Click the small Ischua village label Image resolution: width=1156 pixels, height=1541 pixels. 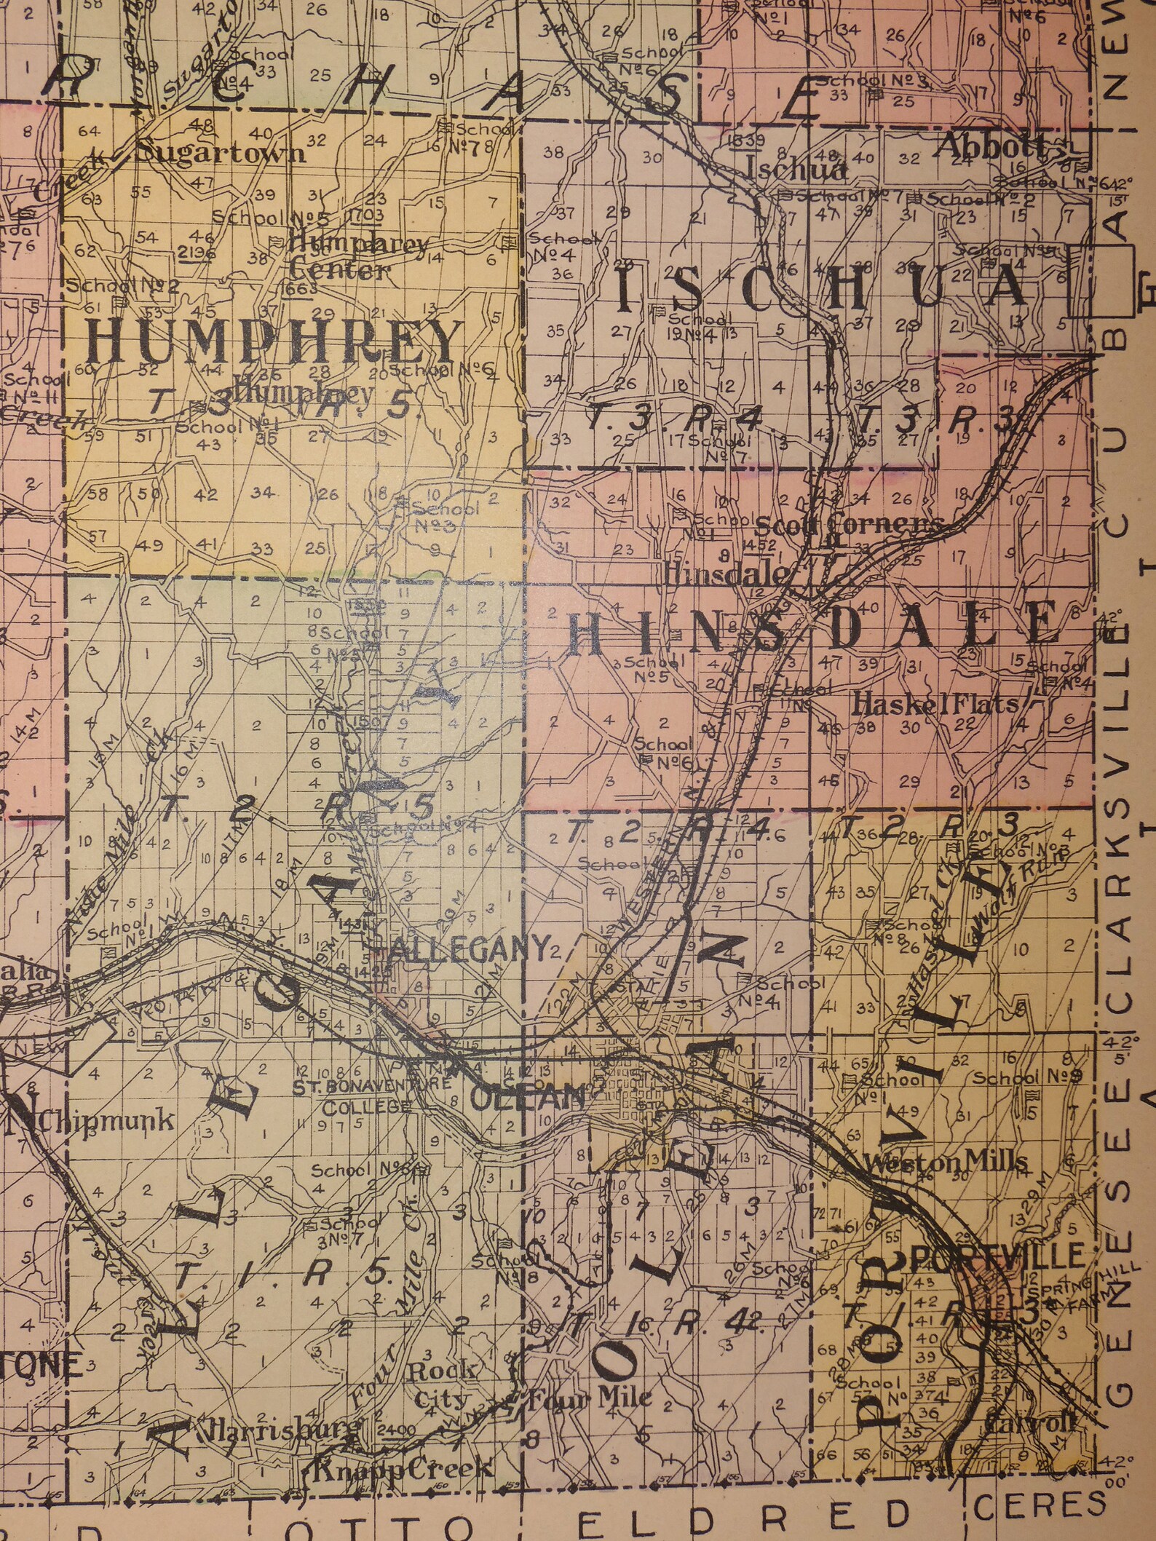pyautogui.click(x=797, y=170)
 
